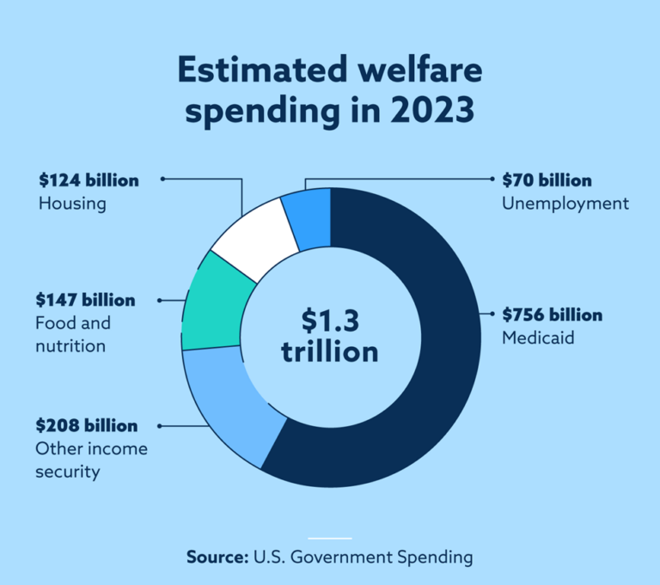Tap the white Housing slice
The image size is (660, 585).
pos(251,236)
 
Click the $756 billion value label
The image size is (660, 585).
pos(552,315)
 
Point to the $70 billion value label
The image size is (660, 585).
pos(547,181)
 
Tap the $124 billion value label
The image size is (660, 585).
pos(89,180)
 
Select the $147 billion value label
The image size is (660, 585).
pos(85,301)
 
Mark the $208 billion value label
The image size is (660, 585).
pos(86,426)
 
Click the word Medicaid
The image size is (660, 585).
pos(538,338)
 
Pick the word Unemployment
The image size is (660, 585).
pos(565,204)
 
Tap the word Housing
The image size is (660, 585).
pos(72,204)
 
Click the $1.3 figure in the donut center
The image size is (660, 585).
pos(329,320)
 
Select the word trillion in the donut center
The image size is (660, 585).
pos(329,351)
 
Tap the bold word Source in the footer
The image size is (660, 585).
pos(217,557)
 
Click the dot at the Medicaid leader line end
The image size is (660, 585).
pos(491,315)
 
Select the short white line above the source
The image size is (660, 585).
pos(329,539)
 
